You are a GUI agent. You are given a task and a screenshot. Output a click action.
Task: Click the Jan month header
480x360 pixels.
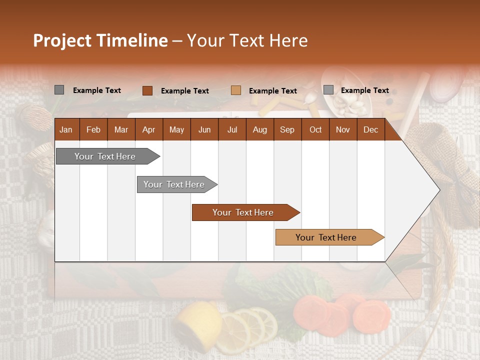tap(66, 130)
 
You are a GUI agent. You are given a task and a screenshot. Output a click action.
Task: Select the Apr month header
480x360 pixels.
tap(148, 130)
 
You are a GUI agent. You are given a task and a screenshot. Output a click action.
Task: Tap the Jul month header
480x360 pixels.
tap(232, 130)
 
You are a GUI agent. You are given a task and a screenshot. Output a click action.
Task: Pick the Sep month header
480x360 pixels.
tap(287, 130)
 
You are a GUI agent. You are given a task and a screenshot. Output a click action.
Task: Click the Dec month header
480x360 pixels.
tap(370, 130)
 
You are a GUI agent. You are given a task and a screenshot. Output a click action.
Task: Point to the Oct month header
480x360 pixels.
tap(315, 130)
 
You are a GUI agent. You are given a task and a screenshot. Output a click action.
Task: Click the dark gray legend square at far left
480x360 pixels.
tap(59, 90)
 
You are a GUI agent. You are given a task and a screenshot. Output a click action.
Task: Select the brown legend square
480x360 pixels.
tap(147, 90)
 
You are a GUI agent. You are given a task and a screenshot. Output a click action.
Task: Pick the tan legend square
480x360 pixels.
tap(236, 90)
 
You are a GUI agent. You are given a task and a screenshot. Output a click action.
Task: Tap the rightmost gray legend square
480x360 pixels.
tap(328, 90)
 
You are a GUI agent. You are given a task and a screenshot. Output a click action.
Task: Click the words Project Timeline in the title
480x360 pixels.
tap(100, 40)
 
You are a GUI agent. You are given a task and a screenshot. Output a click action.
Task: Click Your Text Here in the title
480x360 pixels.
tap(247, 40)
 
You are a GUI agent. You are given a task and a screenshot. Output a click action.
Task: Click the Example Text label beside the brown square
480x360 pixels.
tap(184, 91)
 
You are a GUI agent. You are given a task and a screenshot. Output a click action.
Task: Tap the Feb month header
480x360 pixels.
tap(93, 130)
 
